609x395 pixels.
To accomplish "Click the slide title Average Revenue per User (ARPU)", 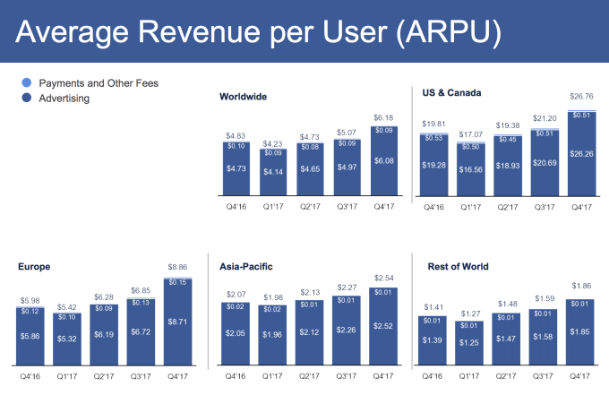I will click(260, 32).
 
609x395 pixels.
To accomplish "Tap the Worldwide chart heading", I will click(243, 97).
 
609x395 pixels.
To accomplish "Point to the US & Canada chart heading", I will click(452, 91).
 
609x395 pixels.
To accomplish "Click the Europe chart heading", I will click(33, 266).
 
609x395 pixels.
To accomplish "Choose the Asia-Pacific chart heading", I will click(247, 266).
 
